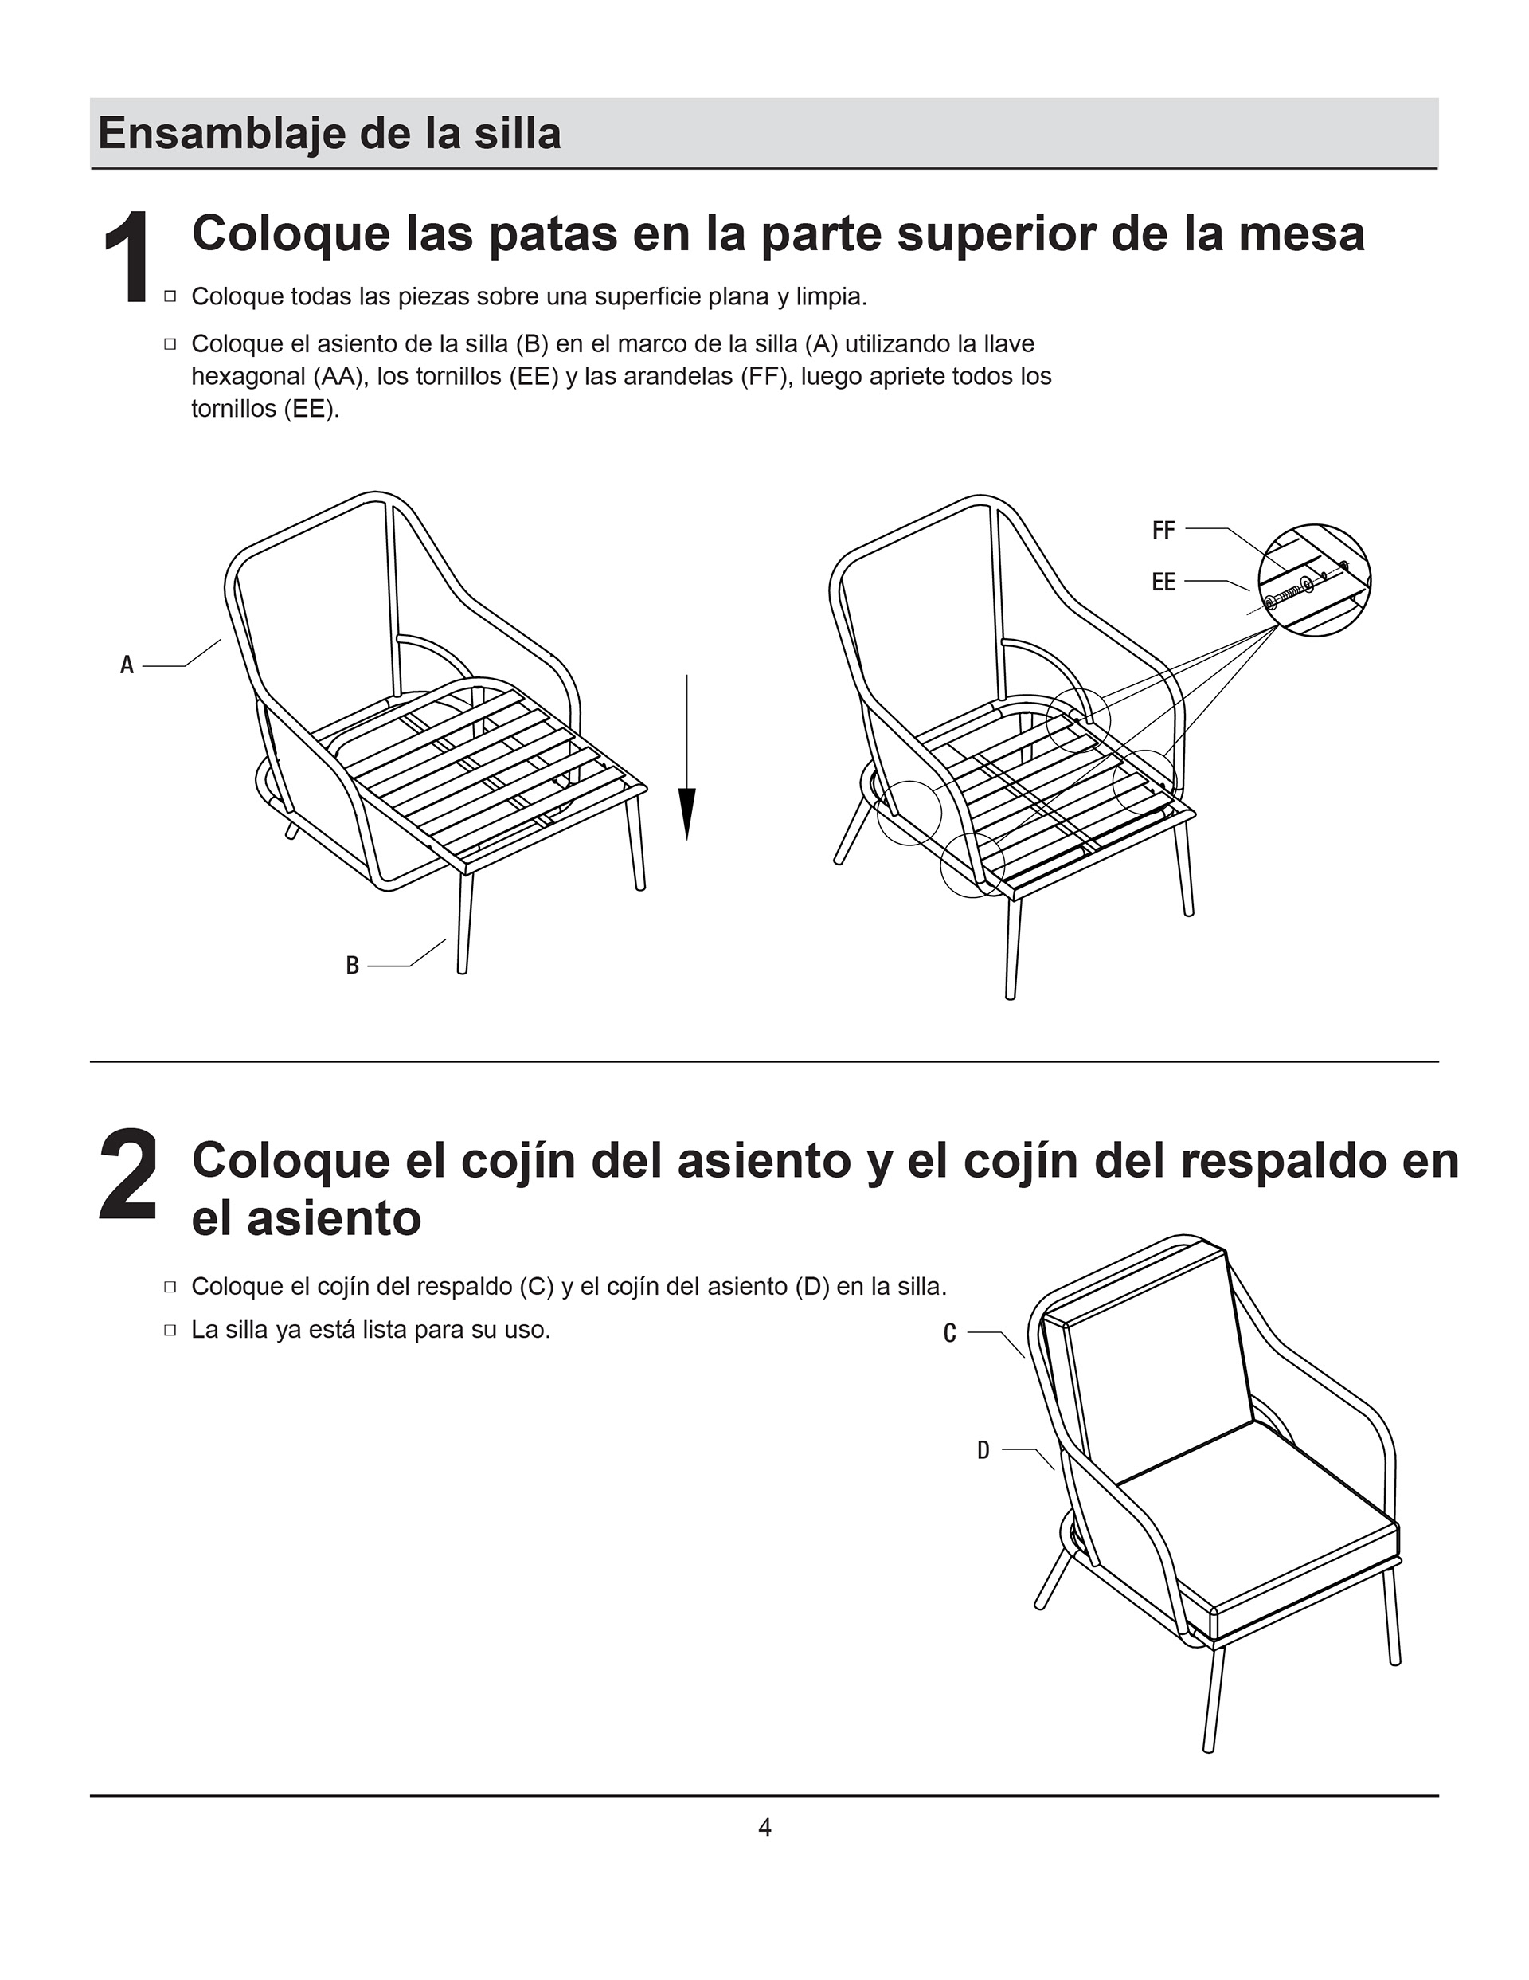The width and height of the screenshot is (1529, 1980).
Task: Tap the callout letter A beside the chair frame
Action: (127, 665)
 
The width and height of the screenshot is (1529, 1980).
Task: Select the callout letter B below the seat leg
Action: (353, 966)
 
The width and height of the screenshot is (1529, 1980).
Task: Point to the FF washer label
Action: (1163, 531)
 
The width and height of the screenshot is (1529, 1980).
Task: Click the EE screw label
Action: (1163, 582)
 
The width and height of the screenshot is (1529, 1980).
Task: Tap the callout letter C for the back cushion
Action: (950, 1333)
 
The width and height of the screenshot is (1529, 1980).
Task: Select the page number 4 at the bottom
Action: (764, 1828)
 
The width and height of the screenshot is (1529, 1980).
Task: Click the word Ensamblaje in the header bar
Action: (225, 134)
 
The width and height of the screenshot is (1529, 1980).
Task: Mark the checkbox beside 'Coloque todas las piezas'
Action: (170, 296)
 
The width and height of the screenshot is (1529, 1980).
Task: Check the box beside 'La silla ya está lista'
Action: (170, 1330)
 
